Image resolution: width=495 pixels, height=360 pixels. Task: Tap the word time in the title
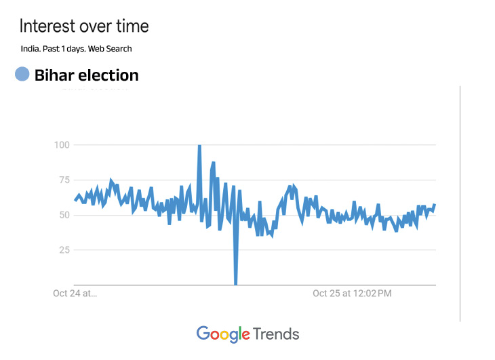point(131,26)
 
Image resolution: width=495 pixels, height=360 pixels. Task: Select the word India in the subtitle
point(31,49)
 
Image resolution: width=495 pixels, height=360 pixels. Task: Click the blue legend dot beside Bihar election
point(22,75)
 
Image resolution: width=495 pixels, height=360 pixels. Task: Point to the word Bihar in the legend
point(54,75)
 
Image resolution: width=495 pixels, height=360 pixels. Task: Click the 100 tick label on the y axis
point(62,144)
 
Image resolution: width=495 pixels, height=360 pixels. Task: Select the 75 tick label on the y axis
point(64,180)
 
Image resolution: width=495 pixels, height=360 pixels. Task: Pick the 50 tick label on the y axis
point(64,215)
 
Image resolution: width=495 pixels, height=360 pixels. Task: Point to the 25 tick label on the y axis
point(64,250)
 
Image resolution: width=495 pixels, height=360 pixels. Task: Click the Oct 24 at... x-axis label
point(75,294)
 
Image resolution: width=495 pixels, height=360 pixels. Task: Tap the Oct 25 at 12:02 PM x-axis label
point(352,294)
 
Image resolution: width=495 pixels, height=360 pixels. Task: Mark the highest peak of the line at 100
point(199,145)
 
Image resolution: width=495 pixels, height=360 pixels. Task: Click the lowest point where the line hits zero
point(236,284)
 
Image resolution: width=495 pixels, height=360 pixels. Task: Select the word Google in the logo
point(222,334)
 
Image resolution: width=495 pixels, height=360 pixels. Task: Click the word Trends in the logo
point(276,334)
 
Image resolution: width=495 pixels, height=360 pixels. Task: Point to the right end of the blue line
point(435,205)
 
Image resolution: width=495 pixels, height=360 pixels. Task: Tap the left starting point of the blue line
point(75,200)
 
